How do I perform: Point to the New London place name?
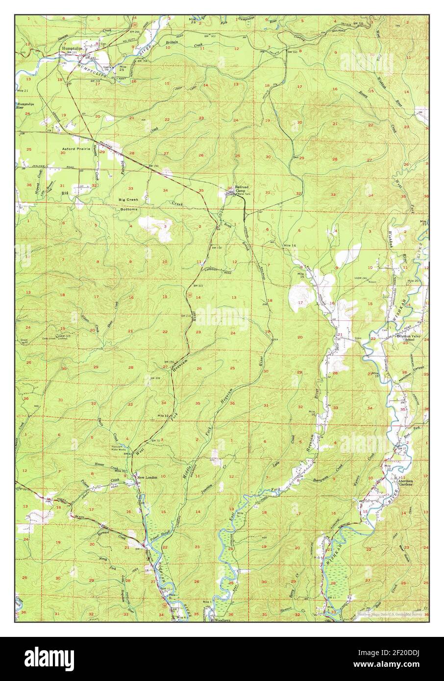pos(147,477)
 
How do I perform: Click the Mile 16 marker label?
pos(290,245)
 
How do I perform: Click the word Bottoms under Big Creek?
pos(127,209)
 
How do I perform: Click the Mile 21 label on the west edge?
pos(22,91)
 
